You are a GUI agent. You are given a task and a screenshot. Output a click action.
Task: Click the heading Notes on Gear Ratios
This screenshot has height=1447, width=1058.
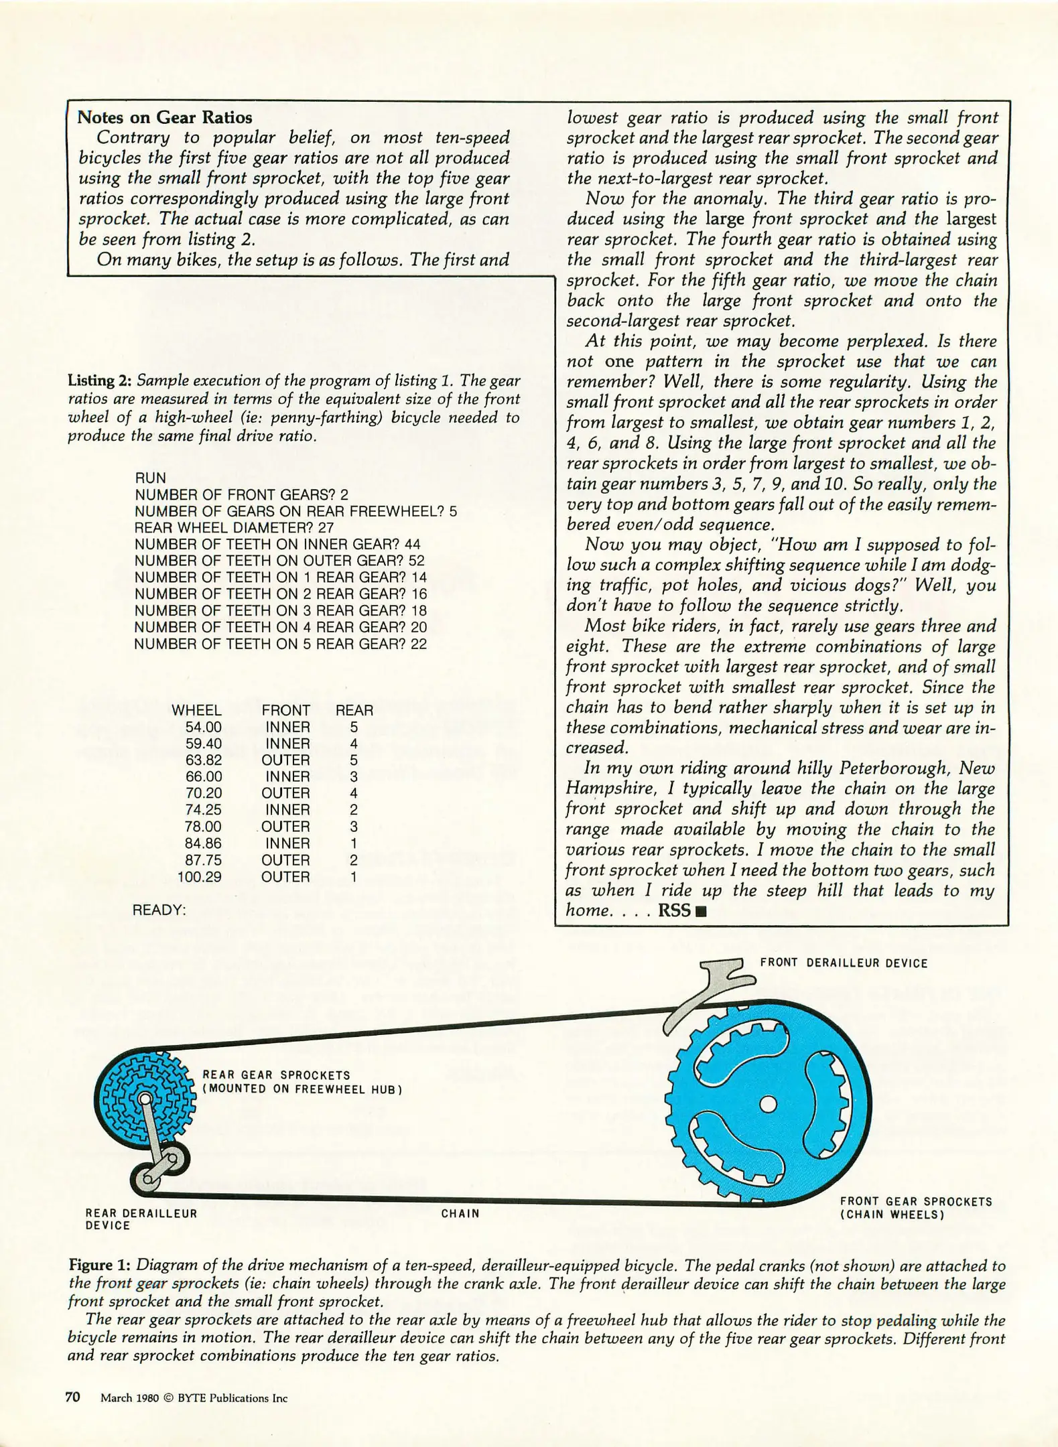point(165,118)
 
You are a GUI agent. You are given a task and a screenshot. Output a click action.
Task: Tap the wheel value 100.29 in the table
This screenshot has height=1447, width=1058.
point(199,877)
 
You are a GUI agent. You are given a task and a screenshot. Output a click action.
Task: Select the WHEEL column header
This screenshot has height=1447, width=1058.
point(196,710)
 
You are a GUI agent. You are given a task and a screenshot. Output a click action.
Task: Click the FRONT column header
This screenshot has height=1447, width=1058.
point(285,710)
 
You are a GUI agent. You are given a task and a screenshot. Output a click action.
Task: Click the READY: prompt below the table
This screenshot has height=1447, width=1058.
point(159,910)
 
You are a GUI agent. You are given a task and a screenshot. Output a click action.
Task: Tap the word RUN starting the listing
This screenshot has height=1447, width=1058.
point(150,478)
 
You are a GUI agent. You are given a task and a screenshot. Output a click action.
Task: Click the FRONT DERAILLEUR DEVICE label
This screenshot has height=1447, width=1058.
point(844,963)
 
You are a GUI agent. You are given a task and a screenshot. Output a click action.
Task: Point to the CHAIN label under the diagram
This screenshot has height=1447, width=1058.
point(460,1213)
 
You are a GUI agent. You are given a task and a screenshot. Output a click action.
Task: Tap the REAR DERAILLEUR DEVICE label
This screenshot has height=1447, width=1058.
point(141,1219)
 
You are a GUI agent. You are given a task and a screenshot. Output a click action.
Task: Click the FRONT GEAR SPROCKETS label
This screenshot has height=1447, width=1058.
point(916,1208)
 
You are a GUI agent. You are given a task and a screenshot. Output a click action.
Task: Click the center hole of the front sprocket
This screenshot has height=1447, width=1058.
point(769,1103)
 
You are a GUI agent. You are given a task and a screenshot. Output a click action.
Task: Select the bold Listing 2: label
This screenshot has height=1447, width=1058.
point(100,381)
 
